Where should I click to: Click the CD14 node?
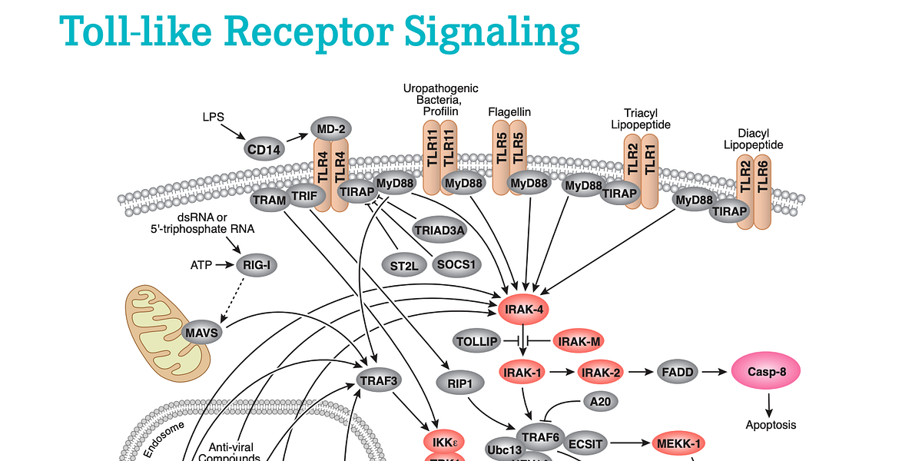[x=264, y=150]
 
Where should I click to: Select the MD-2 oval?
[x=330, y=128]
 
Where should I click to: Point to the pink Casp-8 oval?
[x=764, y=372]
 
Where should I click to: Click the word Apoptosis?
[x=771, y=425]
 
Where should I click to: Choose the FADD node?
[x=677, y=373]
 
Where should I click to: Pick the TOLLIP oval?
[x=477, y=340]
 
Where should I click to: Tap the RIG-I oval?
[x=257, y=265]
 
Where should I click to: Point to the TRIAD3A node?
[x=439, y=229]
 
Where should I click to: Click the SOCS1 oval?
[x=456, y=264]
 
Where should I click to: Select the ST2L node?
[x=403, y=265]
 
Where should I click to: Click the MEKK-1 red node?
[x=678, y=443]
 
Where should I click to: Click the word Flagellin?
[x=509, y=112]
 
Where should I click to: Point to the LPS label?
[x=214, y=117]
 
